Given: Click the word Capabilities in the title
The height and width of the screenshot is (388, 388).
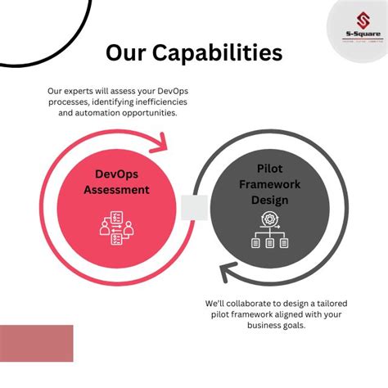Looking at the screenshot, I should click(220, 53).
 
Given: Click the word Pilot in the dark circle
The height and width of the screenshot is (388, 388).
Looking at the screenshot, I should click(269, 168).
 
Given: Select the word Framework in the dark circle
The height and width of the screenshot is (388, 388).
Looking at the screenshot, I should click(269, 183).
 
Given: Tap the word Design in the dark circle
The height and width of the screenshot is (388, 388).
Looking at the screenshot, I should click(269, 199).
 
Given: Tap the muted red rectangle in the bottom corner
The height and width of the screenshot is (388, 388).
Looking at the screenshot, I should click(36, 343).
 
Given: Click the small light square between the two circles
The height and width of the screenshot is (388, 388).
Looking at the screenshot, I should click(194, 208).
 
